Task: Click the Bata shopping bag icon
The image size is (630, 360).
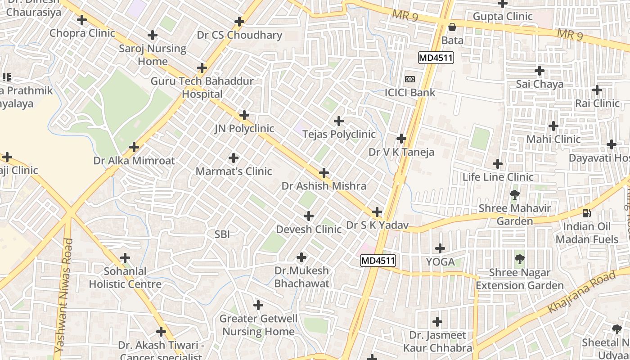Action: [452, 27]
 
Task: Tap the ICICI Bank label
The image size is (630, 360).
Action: [410, 93]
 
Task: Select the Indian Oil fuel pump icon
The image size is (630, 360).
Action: [586, 213]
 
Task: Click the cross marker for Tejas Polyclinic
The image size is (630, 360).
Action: [339, 121]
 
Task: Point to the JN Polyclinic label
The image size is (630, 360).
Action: [244, 129]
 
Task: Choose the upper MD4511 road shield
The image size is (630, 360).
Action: [436, 58]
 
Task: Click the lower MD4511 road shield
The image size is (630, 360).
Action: [378, 261]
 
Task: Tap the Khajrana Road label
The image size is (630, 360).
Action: [581, 293]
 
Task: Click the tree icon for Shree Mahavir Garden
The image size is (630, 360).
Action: [514, 195]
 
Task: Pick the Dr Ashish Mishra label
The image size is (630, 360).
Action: [324, 186]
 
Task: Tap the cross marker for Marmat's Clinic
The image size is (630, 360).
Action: [234, 158]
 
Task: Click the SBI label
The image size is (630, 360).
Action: [222, 234]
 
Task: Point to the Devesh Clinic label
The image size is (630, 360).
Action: [309, 229]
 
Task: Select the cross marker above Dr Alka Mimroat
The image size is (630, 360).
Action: [134, 147]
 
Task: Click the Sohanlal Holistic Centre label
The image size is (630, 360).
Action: [125, 278]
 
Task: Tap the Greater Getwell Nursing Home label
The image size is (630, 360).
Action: [258, 325]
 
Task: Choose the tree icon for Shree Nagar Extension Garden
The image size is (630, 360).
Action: [520, 259]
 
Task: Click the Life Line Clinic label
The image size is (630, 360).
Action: [498, 177]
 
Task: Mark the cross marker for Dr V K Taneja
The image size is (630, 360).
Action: [401, 139]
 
